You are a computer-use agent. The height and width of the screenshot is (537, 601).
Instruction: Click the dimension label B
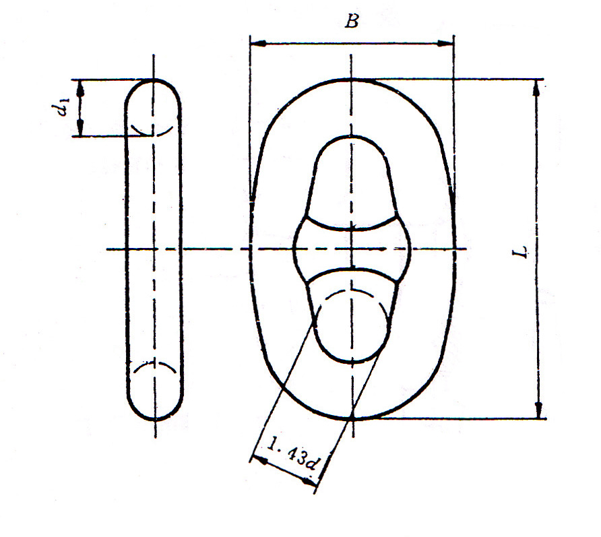pyautogui.click(x=351, y=22)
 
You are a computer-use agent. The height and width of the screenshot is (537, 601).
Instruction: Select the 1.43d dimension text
pyautogui.click(x=292, y=455)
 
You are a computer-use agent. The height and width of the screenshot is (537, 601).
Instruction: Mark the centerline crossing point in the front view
pyautogui.click(x=352, y=249)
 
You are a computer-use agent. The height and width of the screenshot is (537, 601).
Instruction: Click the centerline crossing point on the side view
pyautogui.click(x=155, y=249)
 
